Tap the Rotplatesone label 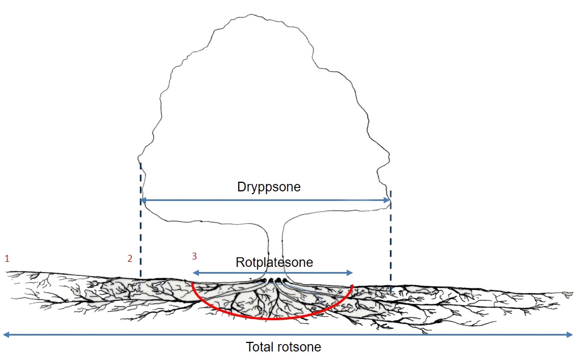point(274,263)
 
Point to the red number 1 point(7,258)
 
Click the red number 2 point(130,258)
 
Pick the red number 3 point(195,256)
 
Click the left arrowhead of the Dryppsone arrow point(143,200)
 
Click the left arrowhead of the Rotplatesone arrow point(195,273)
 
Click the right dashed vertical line point(390,244)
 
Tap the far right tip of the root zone point(571,293)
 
